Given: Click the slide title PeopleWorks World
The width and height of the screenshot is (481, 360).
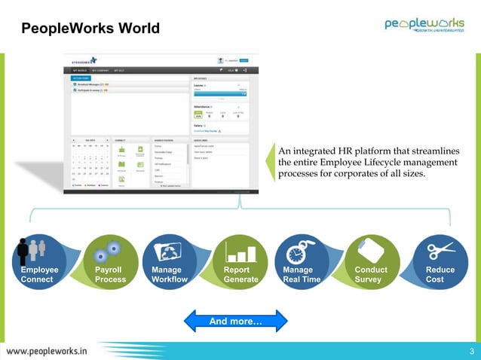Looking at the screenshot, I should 90,29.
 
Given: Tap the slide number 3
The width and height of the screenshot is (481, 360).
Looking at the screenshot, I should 471,351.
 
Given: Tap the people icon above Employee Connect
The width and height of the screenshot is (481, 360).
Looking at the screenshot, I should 32,250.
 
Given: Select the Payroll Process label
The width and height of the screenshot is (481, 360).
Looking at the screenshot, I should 111,274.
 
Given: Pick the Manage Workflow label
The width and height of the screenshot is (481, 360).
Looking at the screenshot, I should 170,274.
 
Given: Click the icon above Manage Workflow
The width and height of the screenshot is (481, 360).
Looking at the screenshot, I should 167,250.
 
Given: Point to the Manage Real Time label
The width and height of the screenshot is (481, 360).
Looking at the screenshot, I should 302,274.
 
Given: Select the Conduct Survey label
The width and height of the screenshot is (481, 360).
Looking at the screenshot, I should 371,274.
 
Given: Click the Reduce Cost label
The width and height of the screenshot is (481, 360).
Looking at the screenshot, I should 440,274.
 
